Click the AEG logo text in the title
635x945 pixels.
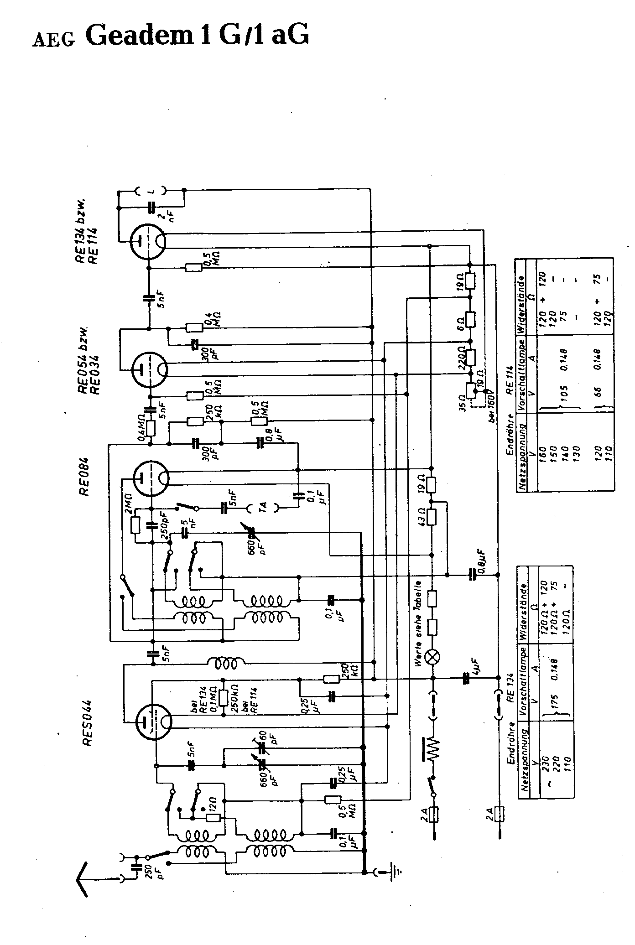coord(54,41)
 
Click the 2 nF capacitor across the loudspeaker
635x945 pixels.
coord(152,208)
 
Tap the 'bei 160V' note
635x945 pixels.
coord(492,406)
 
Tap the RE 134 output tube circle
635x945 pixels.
coord(148,240)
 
